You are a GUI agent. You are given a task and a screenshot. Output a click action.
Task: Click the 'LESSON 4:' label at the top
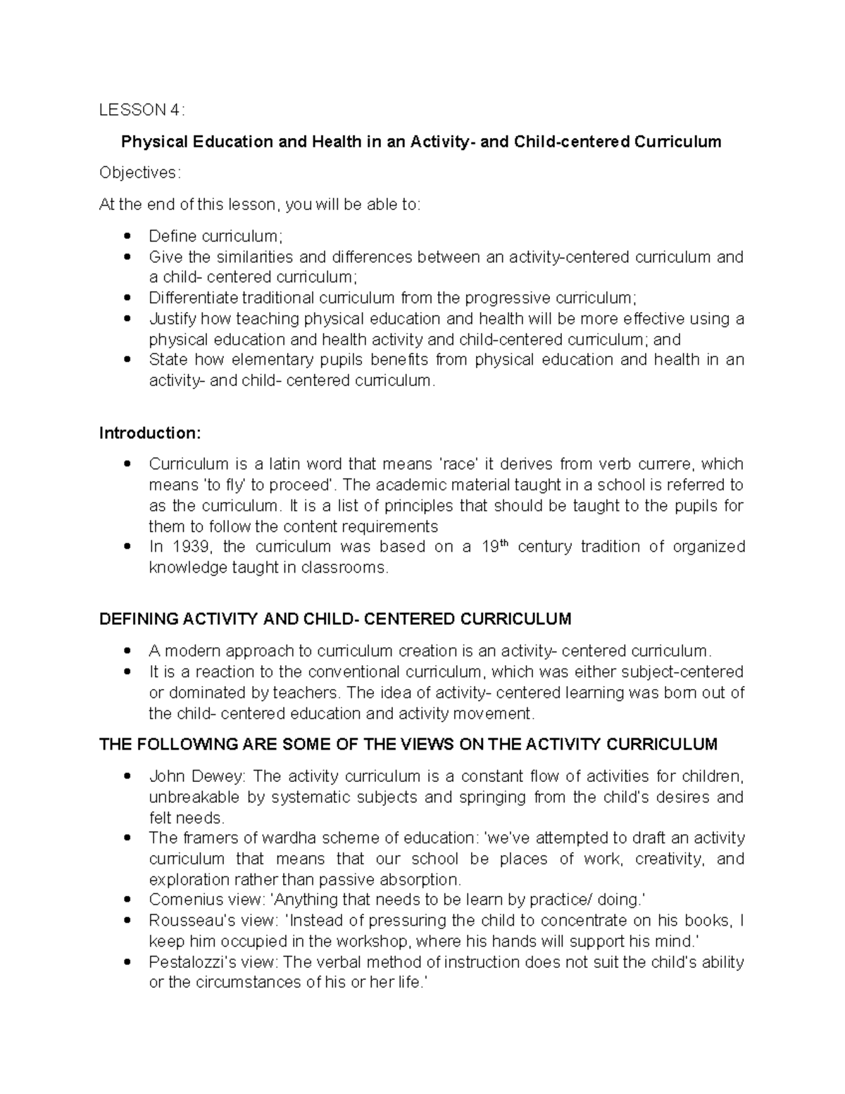pyautogui.click(x=142, y=110)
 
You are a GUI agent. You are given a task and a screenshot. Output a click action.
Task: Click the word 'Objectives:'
pyautogui.click(x=139, y=173)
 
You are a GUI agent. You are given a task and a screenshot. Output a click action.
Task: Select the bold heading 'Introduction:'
pyautogui.click(x=150, y=433)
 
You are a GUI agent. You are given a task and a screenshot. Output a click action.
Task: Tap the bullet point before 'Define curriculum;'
pyautogui.click(x=127, y=236)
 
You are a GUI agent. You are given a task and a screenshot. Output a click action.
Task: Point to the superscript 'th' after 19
pyautogui.click(x=503, y=543)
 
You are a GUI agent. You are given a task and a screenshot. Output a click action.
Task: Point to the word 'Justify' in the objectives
pyautogui.click(x=170, y=319)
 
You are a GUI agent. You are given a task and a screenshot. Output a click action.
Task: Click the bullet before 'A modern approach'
pyautogui.click(x=127, y=650)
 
